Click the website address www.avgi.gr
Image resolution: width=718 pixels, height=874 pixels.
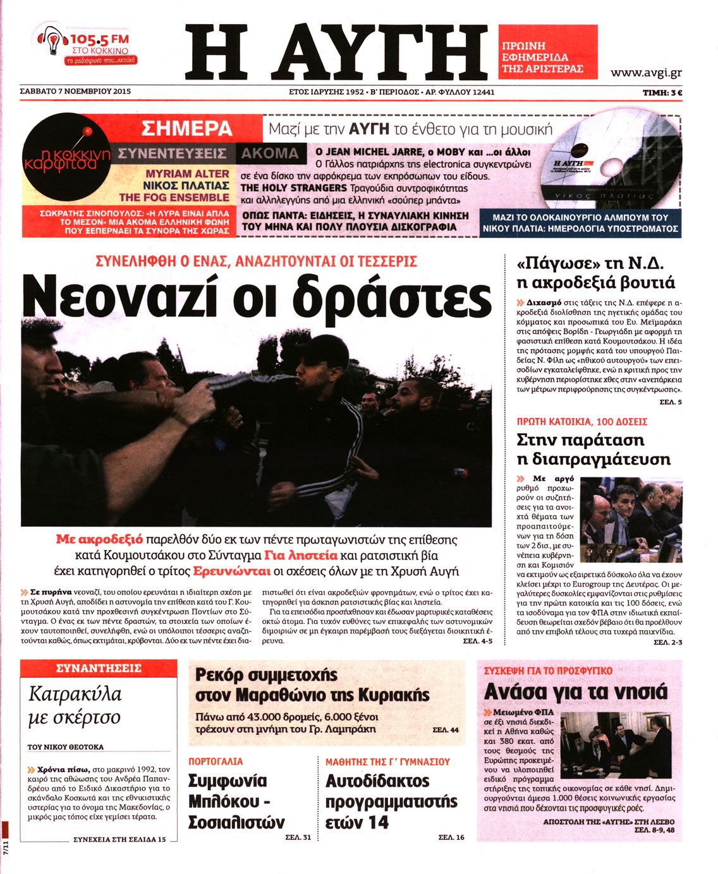pos(645,73)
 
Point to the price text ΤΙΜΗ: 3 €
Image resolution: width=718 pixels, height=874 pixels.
pos(662,92)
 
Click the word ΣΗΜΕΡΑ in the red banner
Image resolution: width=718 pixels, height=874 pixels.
pos(187,129)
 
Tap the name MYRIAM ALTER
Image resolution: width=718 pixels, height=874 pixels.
pos(188,174)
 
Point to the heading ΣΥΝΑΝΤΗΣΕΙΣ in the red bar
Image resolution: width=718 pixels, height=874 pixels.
pos(99,668)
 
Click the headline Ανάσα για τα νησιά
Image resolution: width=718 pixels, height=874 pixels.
pos(575,691)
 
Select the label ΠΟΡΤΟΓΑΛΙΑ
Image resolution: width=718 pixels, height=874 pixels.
pos(216,762)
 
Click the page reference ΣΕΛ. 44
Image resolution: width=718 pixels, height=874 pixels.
pos(445,730)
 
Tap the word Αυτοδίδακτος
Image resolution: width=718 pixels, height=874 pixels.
pos(377,781)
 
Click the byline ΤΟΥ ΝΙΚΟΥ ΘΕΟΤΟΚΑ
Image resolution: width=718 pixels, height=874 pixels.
pos(66,746)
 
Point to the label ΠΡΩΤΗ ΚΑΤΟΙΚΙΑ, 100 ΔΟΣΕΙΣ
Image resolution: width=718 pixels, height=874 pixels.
pos(581,421)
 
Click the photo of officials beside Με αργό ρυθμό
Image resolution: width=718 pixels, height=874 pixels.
pos(630,512)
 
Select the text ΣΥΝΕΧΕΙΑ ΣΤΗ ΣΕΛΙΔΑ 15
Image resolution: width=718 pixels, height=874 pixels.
pos(119,839)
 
